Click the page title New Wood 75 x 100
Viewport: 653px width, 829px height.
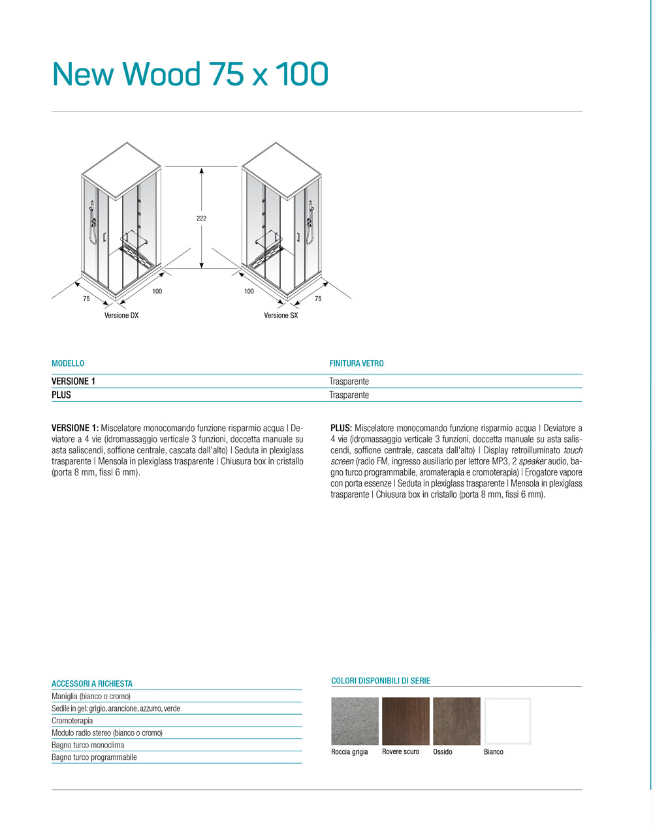pos(190,74)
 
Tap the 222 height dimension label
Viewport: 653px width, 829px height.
pos(201,219)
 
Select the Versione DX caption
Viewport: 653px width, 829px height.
pos(121,316)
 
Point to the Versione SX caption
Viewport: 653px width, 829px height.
pos(281,316)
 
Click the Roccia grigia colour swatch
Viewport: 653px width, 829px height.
pos(355,721)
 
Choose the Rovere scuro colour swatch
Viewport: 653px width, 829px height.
pos(406,721)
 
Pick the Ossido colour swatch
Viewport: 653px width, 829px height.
pos(456,721)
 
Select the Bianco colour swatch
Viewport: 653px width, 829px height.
pos(507,721)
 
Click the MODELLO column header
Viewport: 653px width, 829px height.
pos(68,363)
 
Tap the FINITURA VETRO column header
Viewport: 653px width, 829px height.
pos(357,363)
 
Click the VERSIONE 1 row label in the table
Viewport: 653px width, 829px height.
pos(73,382)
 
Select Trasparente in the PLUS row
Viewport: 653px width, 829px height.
pos(349,395)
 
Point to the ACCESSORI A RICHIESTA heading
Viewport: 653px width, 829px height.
pos(92,684)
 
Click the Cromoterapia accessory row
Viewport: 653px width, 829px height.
pos(72,721)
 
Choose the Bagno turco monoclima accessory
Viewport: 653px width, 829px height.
pos(88,745)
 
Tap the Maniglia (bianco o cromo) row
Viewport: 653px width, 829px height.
pos(91,697)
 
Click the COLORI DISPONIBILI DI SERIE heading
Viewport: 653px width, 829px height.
pos(381,681)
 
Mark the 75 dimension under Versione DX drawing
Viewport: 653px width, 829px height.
pos(86,299)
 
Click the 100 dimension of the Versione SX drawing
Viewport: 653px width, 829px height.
pos(249,292)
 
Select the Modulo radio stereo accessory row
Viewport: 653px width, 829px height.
pos(107,733)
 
